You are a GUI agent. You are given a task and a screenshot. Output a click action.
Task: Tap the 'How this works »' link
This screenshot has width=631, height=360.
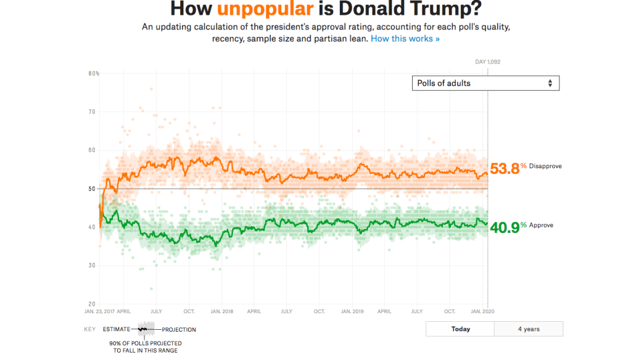405,38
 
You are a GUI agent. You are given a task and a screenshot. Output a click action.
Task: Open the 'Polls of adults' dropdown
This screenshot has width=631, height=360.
485,83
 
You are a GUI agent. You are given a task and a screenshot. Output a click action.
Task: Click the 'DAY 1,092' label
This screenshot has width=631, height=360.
488,62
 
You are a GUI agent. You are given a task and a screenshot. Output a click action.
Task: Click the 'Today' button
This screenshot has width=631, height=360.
460,329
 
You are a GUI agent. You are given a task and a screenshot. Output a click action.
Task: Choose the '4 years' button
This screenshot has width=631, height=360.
529,329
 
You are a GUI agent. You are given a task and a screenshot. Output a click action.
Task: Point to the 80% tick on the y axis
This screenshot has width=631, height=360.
94,74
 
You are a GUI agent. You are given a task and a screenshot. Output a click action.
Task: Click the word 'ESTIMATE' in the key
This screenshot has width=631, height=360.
117,330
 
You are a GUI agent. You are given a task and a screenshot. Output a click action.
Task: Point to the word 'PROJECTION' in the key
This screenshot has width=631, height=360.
179,330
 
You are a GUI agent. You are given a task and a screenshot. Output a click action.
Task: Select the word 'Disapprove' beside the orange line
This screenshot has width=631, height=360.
545,166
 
